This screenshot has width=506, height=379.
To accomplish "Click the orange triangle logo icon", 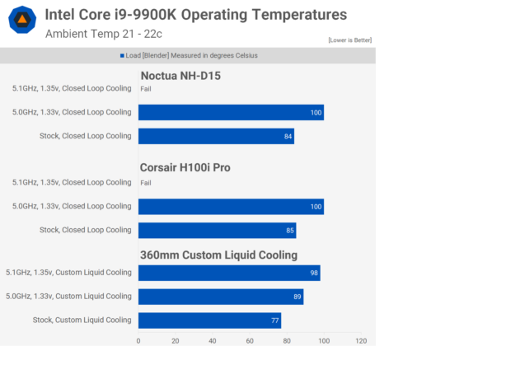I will click(x=22, y=21).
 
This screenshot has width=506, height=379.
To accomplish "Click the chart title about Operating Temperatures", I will click(x=195, y=15).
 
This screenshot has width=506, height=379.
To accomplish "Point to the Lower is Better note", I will click(x=351, y=40).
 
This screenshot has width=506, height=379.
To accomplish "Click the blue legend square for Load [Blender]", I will click(x=122, y=56).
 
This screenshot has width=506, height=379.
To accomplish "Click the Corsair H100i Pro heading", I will click(x=196, y=167).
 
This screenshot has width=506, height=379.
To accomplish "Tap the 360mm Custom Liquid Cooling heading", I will click(x=218, y=255).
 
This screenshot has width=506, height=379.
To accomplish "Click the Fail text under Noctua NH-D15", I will click(x=146, y=89).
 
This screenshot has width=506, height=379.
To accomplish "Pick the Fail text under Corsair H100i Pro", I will click(x=146, y=183).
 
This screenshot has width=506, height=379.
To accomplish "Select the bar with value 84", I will click(x=216, y=136).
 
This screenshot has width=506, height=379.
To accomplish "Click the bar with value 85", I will click(x=217, y=230).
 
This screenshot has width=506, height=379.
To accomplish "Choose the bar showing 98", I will click(x=229, y=273).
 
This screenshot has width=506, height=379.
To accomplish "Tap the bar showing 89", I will click(x=221, y=296).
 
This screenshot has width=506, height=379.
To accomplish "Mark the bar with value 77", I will click(x=209, y=320).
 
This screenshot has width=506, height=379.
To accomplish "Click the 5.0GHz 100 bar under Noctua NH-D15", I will click(x=231, y=112).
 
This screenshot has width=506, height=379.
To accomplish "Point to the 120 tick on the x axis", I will click(x=359, y=339).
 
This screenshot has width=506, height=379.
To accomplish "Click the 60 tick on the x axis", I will click(x=250, y=339).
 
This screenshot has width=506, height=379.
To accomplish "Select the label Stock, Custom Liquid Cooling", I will click(x=82, y=320).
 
